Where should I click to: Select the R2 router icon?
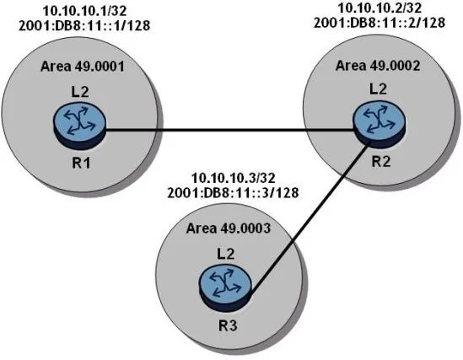tap(380, 125)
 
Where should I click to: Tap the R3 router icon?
tap(225, 289)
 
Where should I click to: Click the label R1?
tap(81, 163)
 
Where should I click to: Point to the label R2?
tap(381, 161)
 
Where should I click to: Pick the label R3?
tap(228, 325)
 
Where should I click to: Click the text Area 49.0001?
tap(83, 66)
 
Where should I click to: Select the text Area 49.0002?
tap(378, 65)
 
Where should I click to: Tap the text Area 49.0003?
tap(229, 228)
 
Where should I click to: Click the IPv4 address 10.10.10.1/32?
tap(84, 11)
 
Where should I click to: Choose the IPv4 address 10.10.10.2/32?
tap(380, 8)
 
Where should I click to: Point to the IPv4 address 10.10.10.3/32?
tap(234, 178)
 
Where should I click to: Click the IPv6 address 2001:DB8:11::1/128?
tap(84, 25)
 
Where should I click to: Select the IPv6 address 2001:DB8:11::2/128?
tap(380, 23)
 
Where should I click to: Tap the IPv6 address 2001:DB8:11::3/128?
tap(233, 193)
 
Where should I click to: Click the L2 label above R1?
tap(80, 92)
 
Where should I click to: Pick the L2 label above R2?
tap(379, 89)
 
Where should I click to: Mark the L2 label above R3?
tap(226, 253)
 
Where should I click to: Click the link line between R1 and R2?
tap(229, 130)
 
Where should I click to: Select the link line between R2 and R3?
tap(310, 217)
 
